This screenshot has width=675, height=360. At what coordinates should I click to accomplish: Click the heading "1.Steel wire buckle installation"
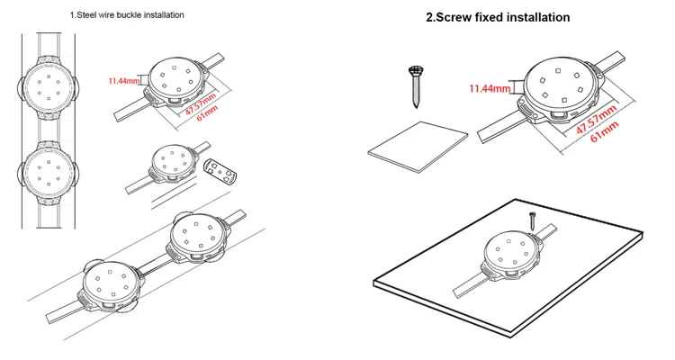point(127,15)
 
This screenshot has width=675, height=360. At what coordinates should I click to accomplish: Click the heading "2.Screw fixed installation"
point(498,17)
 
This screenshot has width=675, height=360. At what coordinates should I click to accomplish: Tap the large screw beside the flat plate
point(416,86)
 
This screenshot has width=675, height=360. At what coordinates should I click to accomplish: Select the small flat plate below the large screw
point(418,147)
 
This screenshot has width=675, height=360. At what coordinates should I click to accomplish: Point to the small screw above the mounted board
point(533,220)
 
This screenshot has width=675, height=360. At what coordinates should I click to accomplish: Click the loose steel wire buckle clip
point(220,171)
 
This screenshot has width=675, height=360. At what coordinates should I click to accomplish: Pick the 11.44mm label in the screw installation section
point(490,89)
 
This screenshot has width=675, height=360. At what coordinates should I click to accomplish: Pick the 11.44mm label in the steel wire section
point(123,80)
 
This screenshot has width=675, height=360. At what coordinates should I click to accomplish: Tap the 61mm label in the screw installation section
point(605,131)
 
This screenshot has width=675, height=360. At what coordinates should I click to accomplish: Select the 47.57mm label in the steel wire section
point(201,103)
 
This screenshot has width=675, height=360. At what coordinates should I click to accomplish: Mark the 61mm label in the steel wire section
point(207,112)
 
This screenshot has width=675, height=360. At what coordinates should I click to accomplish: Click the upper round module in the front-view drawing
point(49,87)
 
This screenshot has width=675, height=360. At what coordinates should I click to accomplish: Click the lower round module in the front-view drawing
point(49,173)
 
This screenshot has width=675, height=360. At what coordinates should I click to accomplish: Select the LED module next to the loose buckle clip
point(172,164)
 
